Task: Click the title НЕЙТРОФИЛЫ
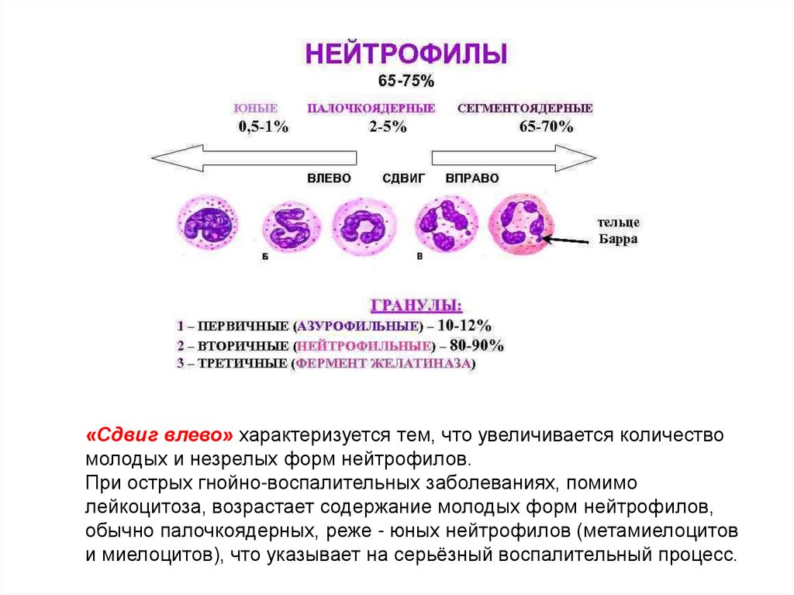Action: click(x=406, y=54)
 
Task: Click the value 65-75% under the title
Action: click(x=406, y=81)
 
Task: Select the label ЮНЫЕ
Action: click(x=255, y=109)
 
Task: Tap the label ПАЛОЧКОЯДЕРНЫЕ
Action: click(x=371, y=109)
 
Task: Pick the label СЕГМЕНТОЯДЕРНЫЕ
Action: click(x=525, y=109)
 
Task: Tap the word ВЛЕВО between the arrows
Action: click(x=329, y=178)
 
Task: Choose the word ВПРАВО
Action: click(x=472, y=178)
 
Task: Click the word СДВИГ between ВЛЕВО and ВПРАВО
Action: click(x=404, y=178)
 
